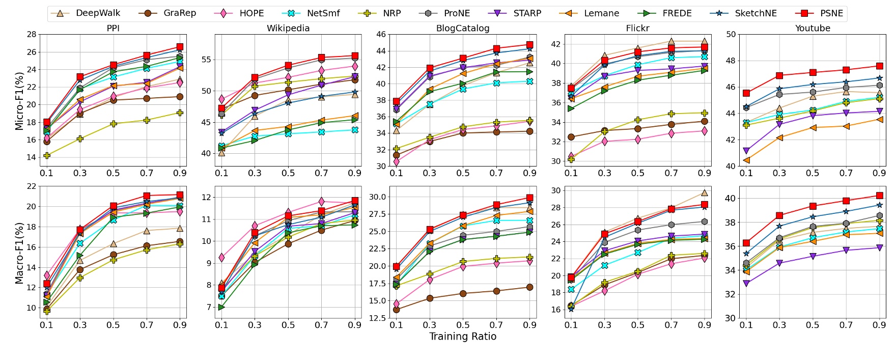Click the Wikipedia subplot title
[x=288, y=29]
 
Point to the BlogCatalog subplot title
[x=463, y=29]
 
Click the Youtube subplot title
[x=813, y=29]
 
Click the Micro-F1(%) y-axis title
[x=19, y=101]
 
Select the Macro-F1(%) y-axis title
[x=19, y=253]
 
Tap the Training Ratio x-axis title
[x=463, y=337]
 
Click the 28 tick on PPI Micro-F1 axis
[x=31, y=35]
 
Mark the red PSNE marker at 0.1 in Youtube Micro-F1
[x=746, y=93]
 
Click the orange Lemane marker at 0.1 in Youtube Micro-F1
[x=746, y=160]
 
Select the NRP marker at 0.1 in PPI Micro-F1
[x=47, y=155]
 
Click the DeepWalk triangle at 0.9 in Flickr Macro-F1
[x=705, y=193]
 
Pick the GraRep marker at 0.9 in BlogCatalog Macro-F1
[x=530, y=287]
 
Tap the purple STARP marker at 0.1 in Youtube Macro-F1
[x=746, y=283]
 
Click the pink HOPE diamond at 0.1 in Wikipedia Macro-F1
[x=221, y=258]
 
